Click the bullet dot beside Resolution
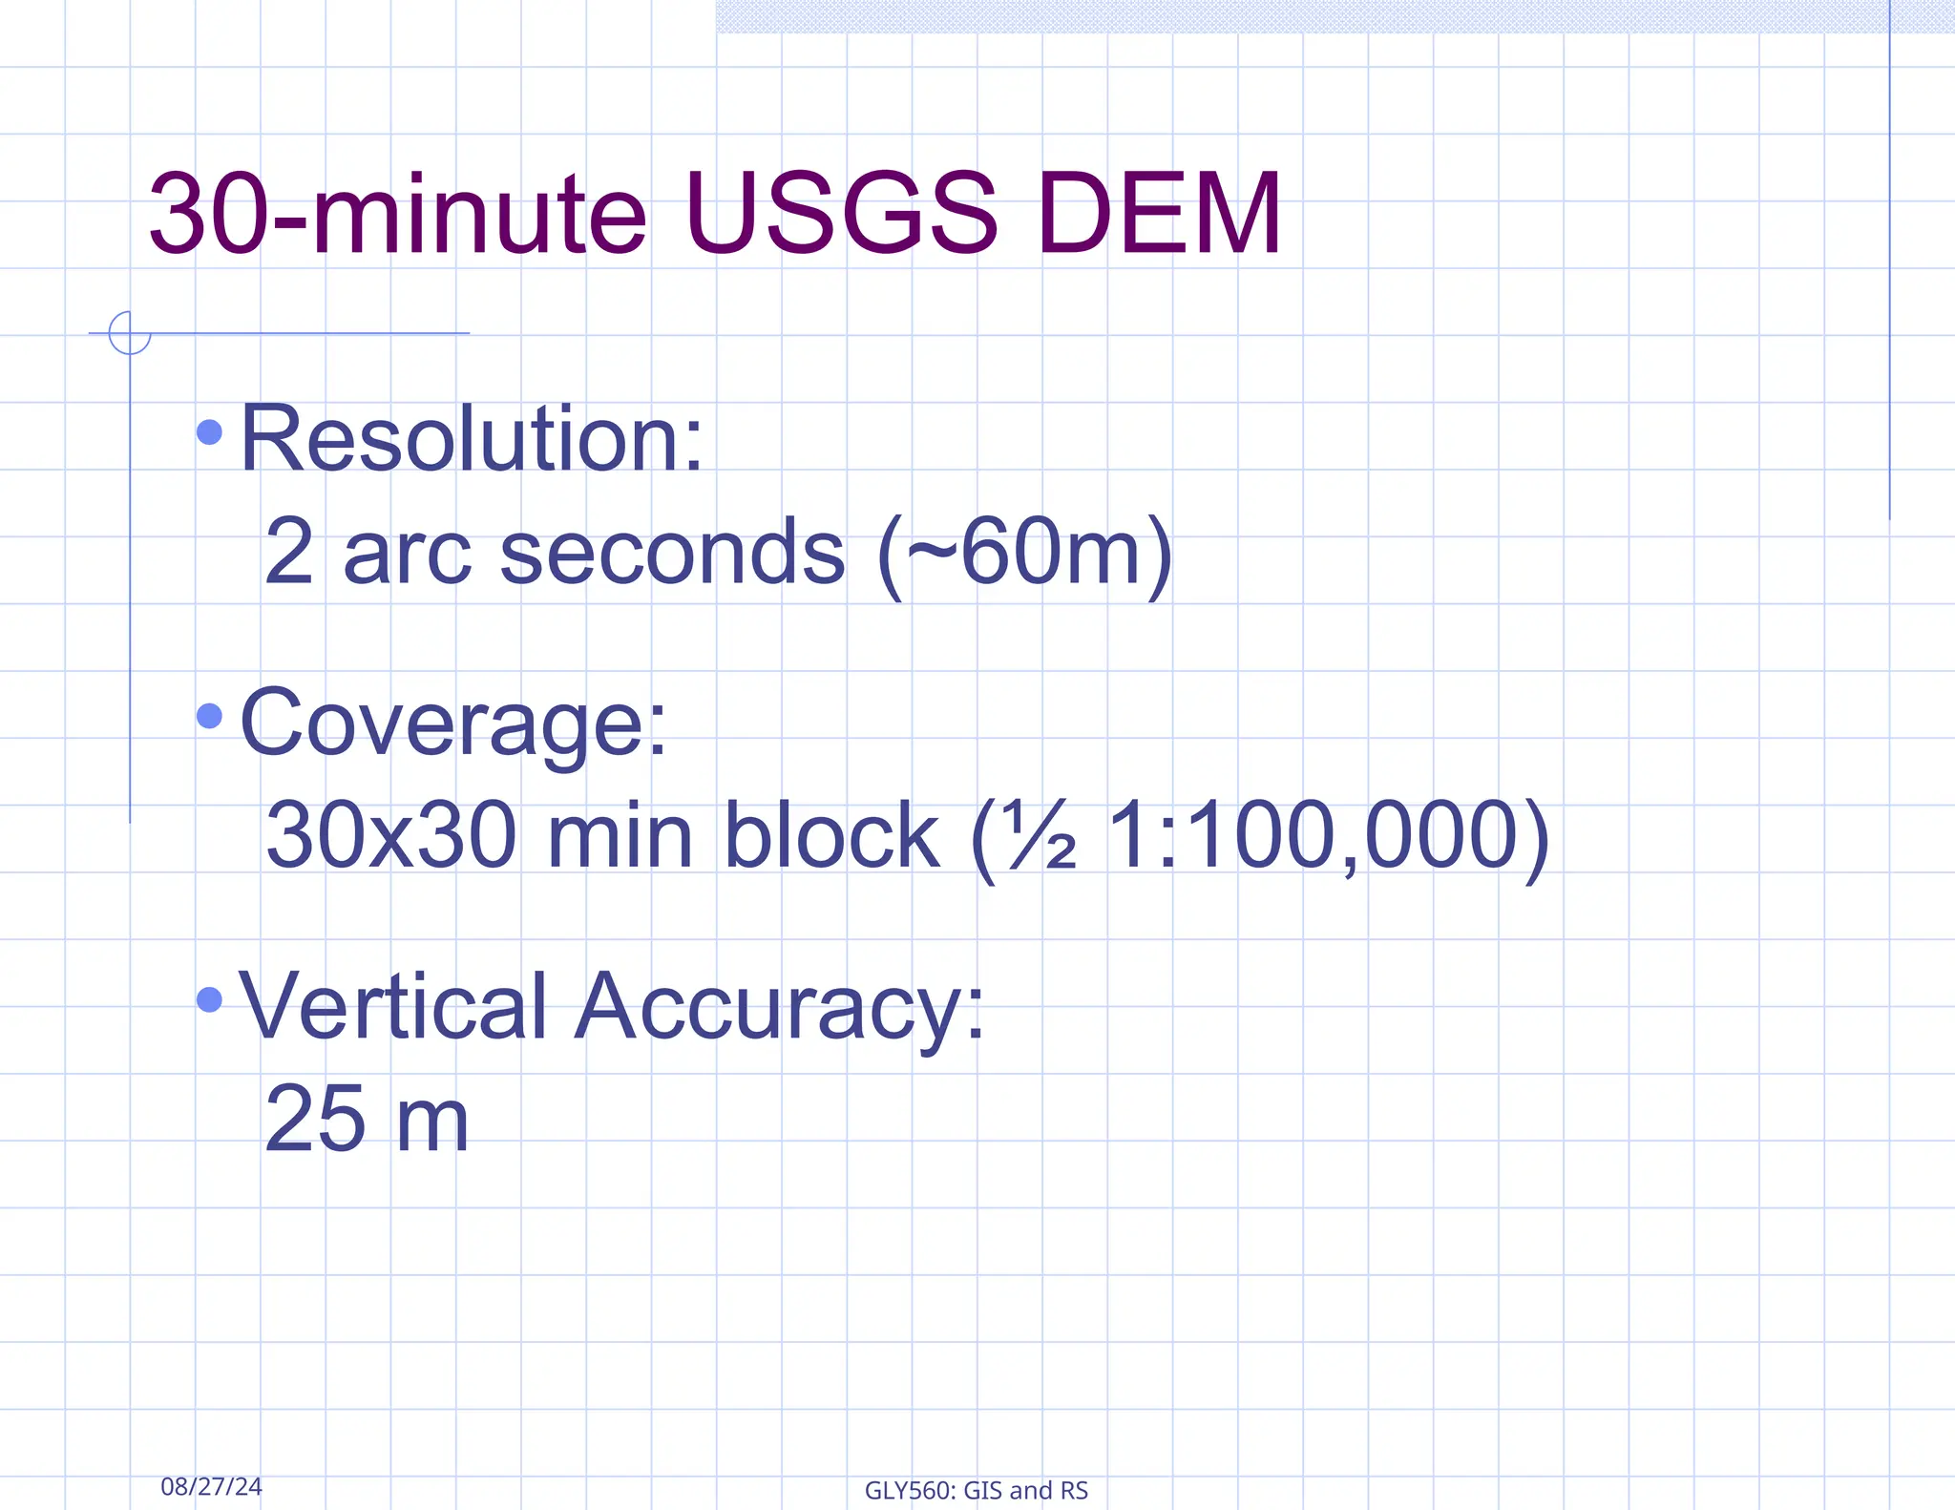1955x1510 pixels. point(209,433)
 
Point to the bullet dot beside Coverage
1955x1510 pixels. point(209,716)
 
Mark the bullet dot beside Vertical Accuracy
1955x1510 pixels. point(209,999)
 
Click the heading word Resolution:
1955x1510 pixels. point(472,439)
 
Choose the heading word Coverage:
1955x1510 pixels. point(453,724)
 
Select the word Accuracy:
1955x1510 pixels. point(779,1008)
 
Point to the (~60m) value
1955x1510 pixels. point(1023,554)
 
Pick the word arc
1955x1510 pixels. point(407,554)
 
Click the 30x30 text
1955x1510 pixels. point(391,835)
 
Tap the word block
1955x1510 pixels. point(831,835)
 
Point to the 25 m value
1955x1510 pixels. point(367,1119)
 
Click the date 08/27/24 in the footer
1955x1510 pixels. point(211,1486)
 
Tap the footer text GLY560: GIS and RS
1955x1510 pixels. point(976,1490)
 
